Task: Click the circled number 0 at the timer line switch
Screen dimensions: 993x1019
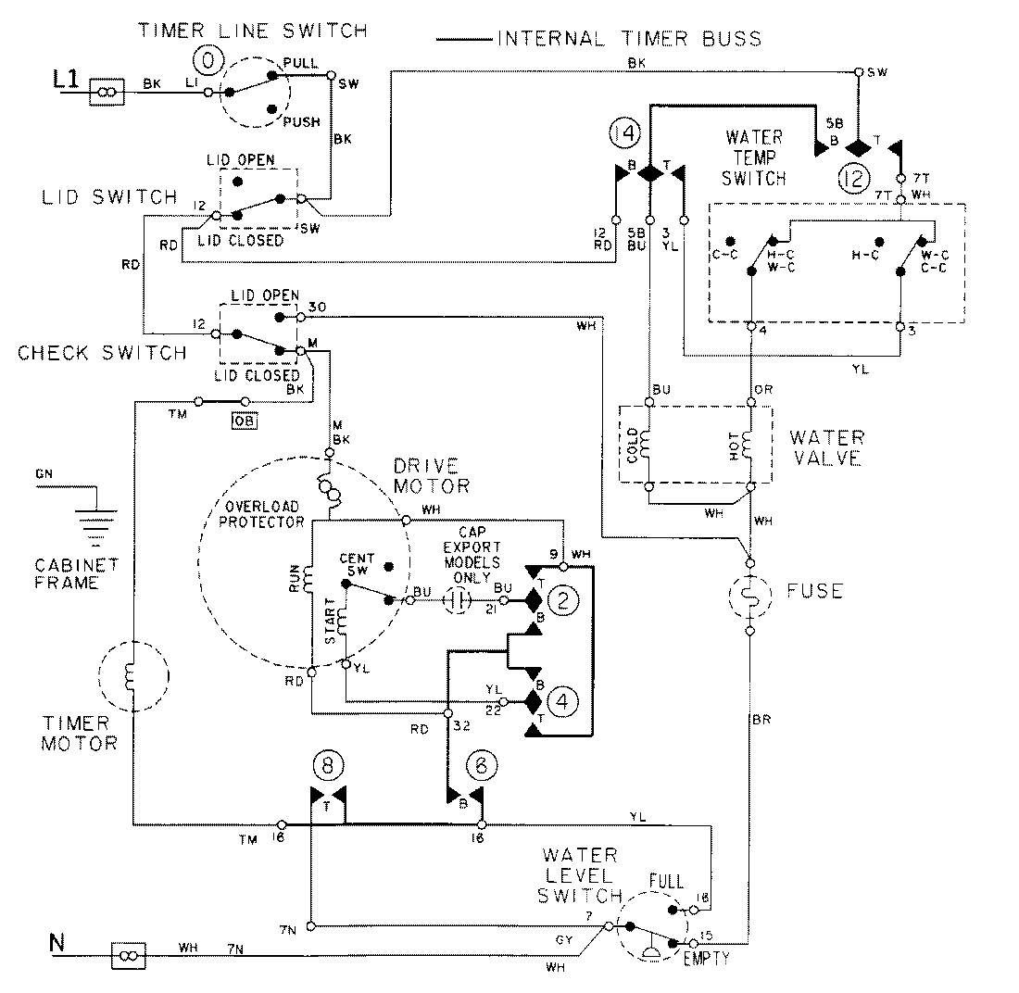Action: click(x=208, y=62)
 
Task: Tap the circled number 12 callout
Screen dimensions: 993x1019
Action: click(x=855, y=174)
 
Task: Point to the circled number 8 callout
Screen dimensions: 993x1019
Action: click(x=326, y=765)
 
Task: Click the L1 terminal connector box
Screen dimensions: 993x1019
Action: click(x=106, y=91)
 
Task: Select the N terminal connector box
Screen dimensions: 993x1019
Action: click(x=126, y=954)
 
